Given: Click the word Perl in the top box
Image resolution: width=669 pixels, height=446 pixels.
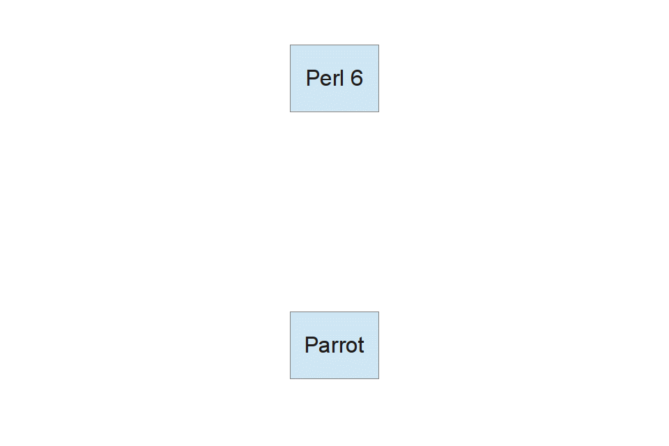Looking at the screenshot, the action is coord(325,78).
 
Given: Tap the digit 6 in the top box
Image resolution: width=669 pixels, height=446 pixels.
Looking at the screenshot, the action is coord(357,78).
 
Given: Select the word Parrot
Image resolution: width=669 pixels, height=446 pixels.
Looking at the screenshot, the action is coord(334,345).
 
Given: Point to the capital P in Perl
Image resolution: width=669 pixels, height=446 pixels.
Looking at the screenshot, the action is coord(312,78).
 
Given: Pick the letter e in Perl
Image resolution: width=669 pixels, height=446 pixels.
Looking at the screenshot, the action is coord(325,81).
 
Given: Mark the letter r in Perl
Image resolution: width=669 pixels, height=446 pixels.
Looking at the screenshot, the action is coord(336,81).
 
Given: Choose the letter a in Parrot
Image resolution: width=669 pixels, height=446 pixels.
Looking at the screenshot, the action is coord(324,348).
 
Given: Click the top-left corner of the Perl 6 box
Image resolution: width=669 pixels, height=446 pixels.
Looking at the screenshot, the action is coord(290,45).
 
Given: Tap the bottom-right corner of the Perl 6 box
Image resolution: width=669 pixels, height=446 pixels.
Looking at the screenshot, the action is coord(379,111).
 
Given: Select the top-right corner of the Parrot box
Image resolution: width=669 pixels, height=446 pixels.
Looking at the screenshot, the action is coord(379,312).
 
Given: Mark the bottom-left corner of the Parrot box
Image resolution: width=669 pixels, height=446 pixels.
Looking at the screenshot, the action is coord(290,378).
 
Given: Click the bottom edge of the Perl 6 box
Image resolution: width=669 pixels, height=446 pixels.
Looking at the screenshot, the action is coord(334,111).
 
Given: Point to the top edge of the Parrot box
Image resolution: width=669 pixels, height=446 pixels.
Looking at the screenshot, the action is coord(334,312).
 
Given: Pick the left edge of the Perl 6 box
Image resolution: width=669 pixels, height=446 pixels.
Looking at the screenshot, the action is coord(290,79).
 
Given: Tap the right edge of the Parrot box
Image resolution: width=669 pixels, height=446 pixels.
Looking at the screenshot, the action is coord(379,345).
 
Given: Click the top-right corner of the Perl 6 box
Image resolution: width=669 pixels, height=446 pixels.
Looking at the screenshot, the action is coord(379,45).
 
